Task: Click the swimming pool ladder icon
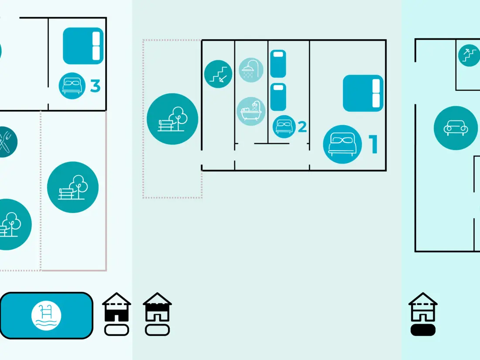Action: click(x=46, y=315)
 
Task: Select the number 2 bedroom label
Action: click(x=302, y=127)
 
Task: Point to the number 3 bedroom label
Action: click(x=96, y=86)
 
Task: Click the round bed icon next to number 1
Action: click(x=342, y=144)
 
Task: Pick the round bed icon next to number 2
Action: click(x=284, y=127)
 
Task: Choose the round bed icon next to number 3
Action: click(x=72, y=86)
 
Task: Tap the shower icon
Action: click(x=251, y=70)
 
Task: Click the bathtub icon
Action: click(x=251, y=111)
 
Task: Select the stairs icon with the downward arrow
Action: click(x=218, y=74)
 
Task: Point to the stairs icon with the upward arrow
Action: click(x=469, y=55)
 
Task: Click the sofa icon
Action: click(x=456, y=128)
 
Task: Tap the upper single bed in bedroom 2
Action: click(x=278, y=64)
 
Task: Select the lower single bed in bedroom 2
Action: click(x=278, y=97)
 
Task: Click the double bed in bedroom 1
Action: click(x=363, y=93)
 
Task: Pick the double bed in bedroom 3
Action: click(x=83, y=46)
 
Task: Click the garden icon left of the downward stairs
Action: click(x=172, y=119)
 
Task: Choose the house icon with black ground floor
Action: click(x=117, y=314)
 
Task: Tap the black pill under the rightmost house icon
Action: click(x=423, y=330)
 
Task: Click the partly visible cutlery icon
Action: click(x=7, y=142)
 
